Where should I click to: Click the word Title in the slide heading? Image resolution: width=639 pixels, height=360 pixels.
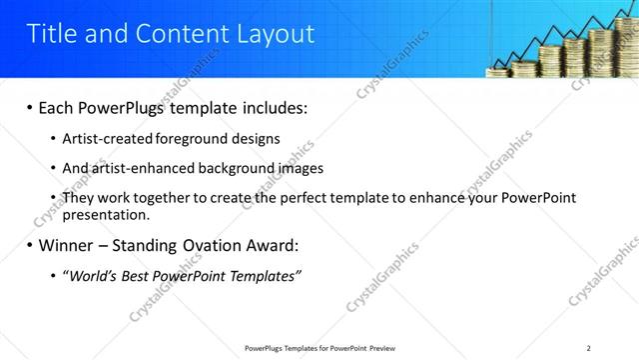50,34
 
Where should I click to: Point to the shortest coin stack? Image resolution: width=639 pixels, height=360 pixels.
499,69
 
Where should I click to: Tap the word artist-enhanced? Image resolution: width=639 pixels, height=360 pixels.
139,168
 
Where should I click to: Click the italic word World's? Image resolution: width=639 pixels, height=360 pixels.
92,276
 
